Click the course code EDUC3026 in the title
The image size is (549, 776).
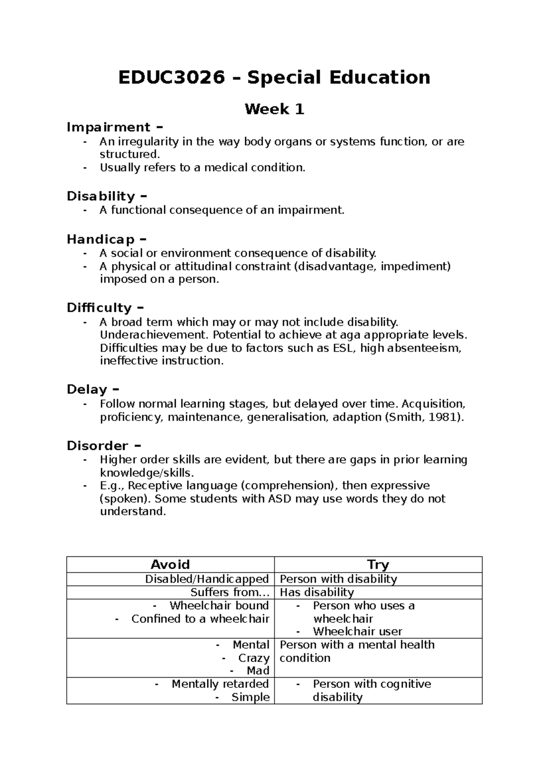[172, 78]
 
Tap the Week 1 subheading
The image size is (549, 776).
[274, 109]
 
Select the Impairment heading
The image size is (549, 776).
[108, 127]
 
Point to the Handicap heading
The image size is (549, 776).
[101, 239]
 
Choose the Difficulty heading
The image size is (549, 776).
[99, 307]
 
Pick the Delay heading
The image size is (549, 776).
[87, 389]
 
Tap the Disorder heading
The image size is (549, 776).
[97, 446]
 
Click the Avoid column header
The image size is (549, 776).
[170, 565]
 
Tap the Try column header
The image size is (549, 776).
[378, 565]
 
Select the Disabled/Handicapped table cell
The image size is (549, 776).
[207, 579]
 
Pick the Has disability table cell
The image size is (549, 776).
[317, 593]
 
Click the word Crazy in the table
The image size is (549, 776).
[253, 658]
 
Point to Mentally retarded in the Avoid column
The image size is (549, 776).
[220, 684]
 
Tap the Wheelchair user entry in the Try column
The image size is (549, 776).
[357, 632]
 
